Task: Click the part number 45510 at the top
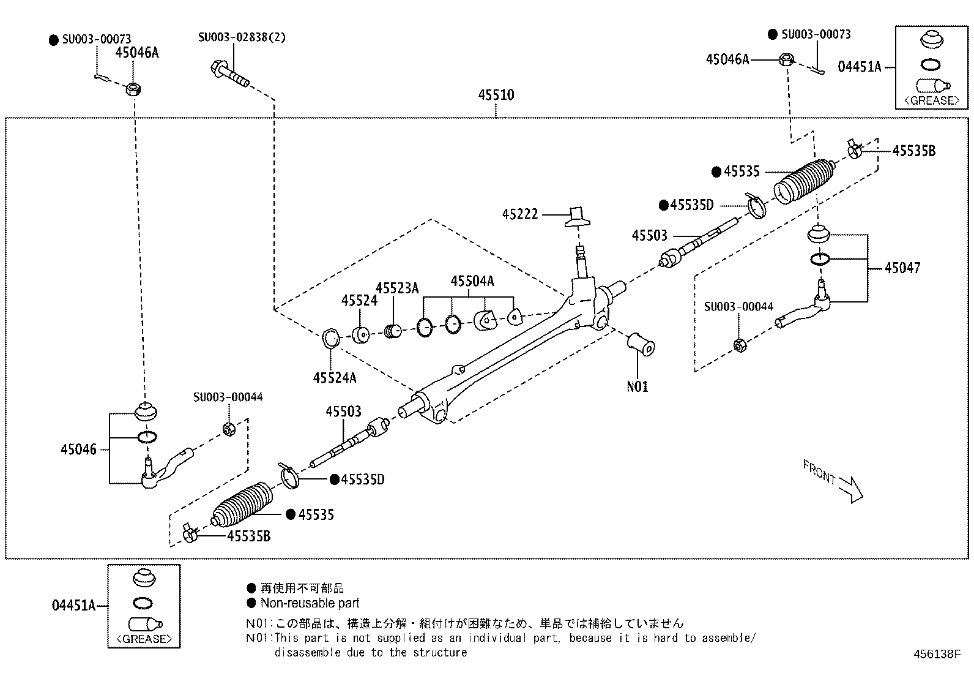click(496, 95)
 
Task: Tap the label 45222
click(520, 214)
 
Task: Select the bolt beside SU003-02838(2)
click(230, 73)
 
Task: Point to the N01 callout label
click(637, 386)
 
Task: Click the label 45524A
click(334, 378)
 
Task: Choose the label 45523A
click(397, 288)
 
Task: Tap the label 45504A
click(472, 281)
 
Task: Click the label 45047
click(902, 268)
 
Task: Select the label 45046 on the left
click(78, 449)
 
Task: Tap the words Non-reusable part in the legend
click(310, 603)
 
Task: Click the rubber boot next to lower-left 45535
click(243, 506)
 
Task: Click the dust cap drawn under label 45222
click(578, 217)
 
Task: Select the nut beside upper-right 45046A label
click(787, 60)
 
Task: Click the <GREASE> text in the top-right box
click(932, 100)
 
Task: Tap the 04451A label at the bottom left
click(73, 606)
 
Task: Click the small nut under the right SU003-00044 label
click(738, 345)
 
